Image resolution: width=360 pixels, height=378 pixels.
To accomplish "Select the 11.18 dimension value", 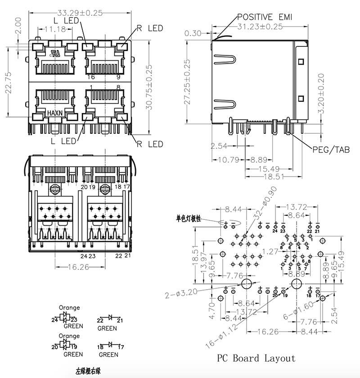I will click(x=55, y=29).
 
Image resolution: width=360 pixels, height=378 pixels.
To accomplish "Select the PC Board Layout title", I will click(x=256, y=358).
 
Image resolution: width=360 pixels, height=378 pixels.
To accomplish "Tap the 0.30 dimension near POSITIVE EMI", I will click(x=193, y=33).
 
